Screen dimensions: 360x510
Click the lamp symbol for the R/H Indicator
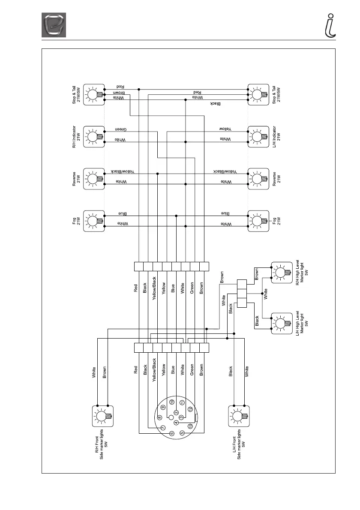[x=94, y=137]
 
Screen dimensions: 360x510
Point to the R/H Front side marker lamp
[x=103, y=416]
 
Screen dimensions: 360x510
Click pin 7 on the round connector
[x=163, y=428]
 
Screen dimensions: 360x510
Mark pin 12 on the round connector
[x=190, y=410]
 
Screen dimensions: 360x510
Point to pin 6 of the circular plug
[x=172, y=433]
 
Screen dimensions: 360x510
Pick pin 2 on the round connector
[x=176, y=412]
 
